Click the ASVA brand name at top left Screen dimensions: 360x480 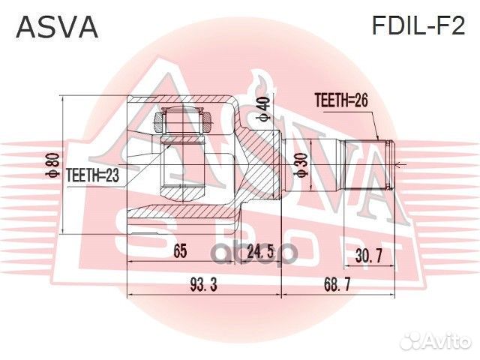pos(57,27)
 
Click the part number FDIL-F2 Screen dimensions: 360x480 pos(418,26)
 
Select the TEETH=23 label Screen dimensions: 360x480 pos(93,175)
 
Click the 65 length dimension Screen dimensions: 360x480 pos(179,252)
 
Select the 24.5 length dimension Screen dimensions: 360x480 pos(259,252)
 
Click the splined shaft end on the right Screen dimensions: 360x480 pos(367,164)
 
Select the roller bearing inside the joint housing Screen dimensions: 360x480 pos(184,119)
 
